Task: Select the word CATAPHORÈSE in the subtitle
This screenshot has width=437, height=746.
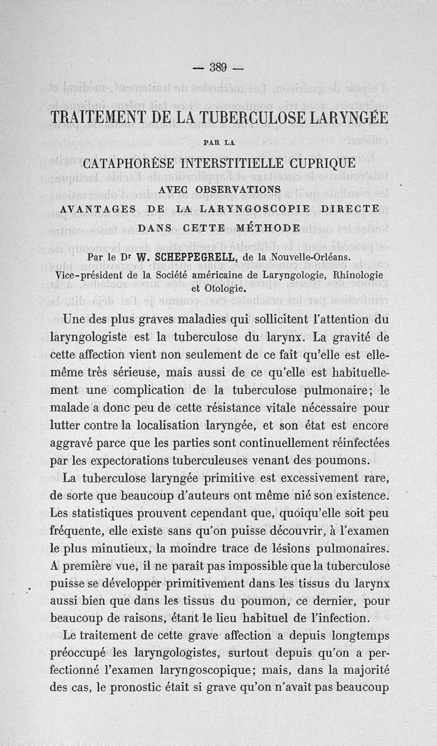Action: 129,163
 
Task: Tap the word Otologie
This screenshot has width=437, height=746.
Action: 218,288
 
